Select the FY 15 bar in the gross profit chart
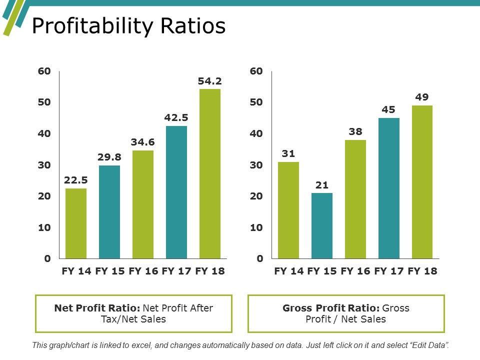point(322,225)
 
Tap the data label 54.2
point(210,81)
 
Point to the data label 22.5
point(76,180)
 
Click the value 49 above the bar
point(422,97)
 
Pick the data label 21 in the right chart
point(322,185)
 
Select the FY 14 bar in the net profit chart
point(76,223)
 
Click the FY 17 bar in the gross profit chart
point(389,188)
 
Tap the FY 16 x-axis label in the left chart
point(143,271)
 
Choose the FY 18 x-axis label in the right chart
point(422,271)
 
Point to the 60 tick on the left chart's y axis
point(44,71)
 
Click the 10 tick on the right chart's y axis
point(256,227)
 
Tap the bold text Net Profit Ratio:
point(97,308)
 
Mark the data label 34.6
point(143,142)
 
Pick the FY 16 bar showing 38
point(355,199)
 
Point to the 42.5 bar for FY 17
point(176,192)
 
